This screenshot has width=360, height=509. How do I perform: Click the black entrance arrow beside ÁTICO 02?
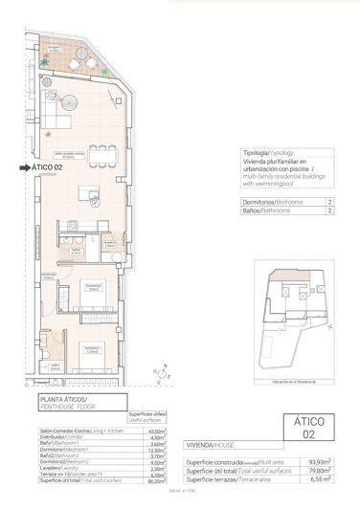[24, 167]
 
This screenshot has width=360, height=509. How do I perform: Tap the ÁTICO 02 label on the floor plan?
[48, 167]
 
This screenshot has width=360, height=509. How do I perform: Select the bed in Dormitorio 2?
[89, 353]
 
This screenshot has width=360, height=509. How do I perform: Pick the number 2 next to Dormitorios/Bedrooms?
[329, 203]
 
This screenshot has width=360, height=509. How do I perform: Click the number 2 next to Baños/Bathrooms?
[329, 212]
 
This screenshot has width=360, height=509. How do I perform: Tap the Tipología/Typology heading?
[264, 153]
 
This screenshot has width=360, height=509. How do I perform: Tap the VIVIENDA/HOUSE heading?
[211, 445]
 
